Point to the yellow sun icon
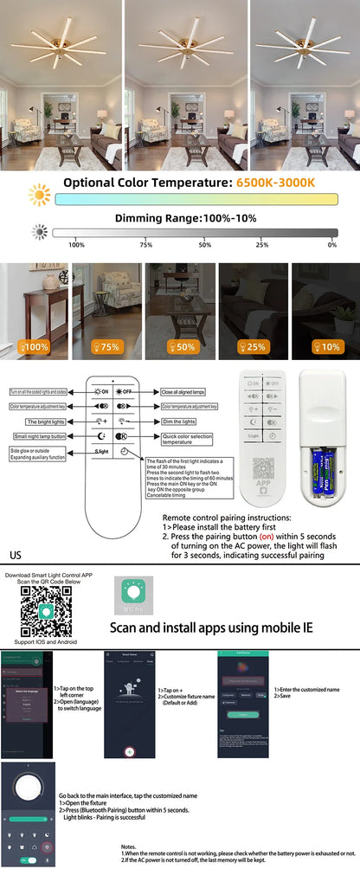[39, 196]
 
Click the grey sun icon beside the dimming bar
[39, 232]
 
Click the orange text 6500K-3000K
[275, 183]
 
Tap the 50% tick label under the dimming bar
[205, 245]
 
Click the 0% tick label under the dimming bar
[332, 245]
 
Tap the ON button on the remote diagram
[100, 391]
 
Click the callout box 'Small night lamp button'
[38, 435]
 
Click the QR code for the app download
[47, 611]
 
